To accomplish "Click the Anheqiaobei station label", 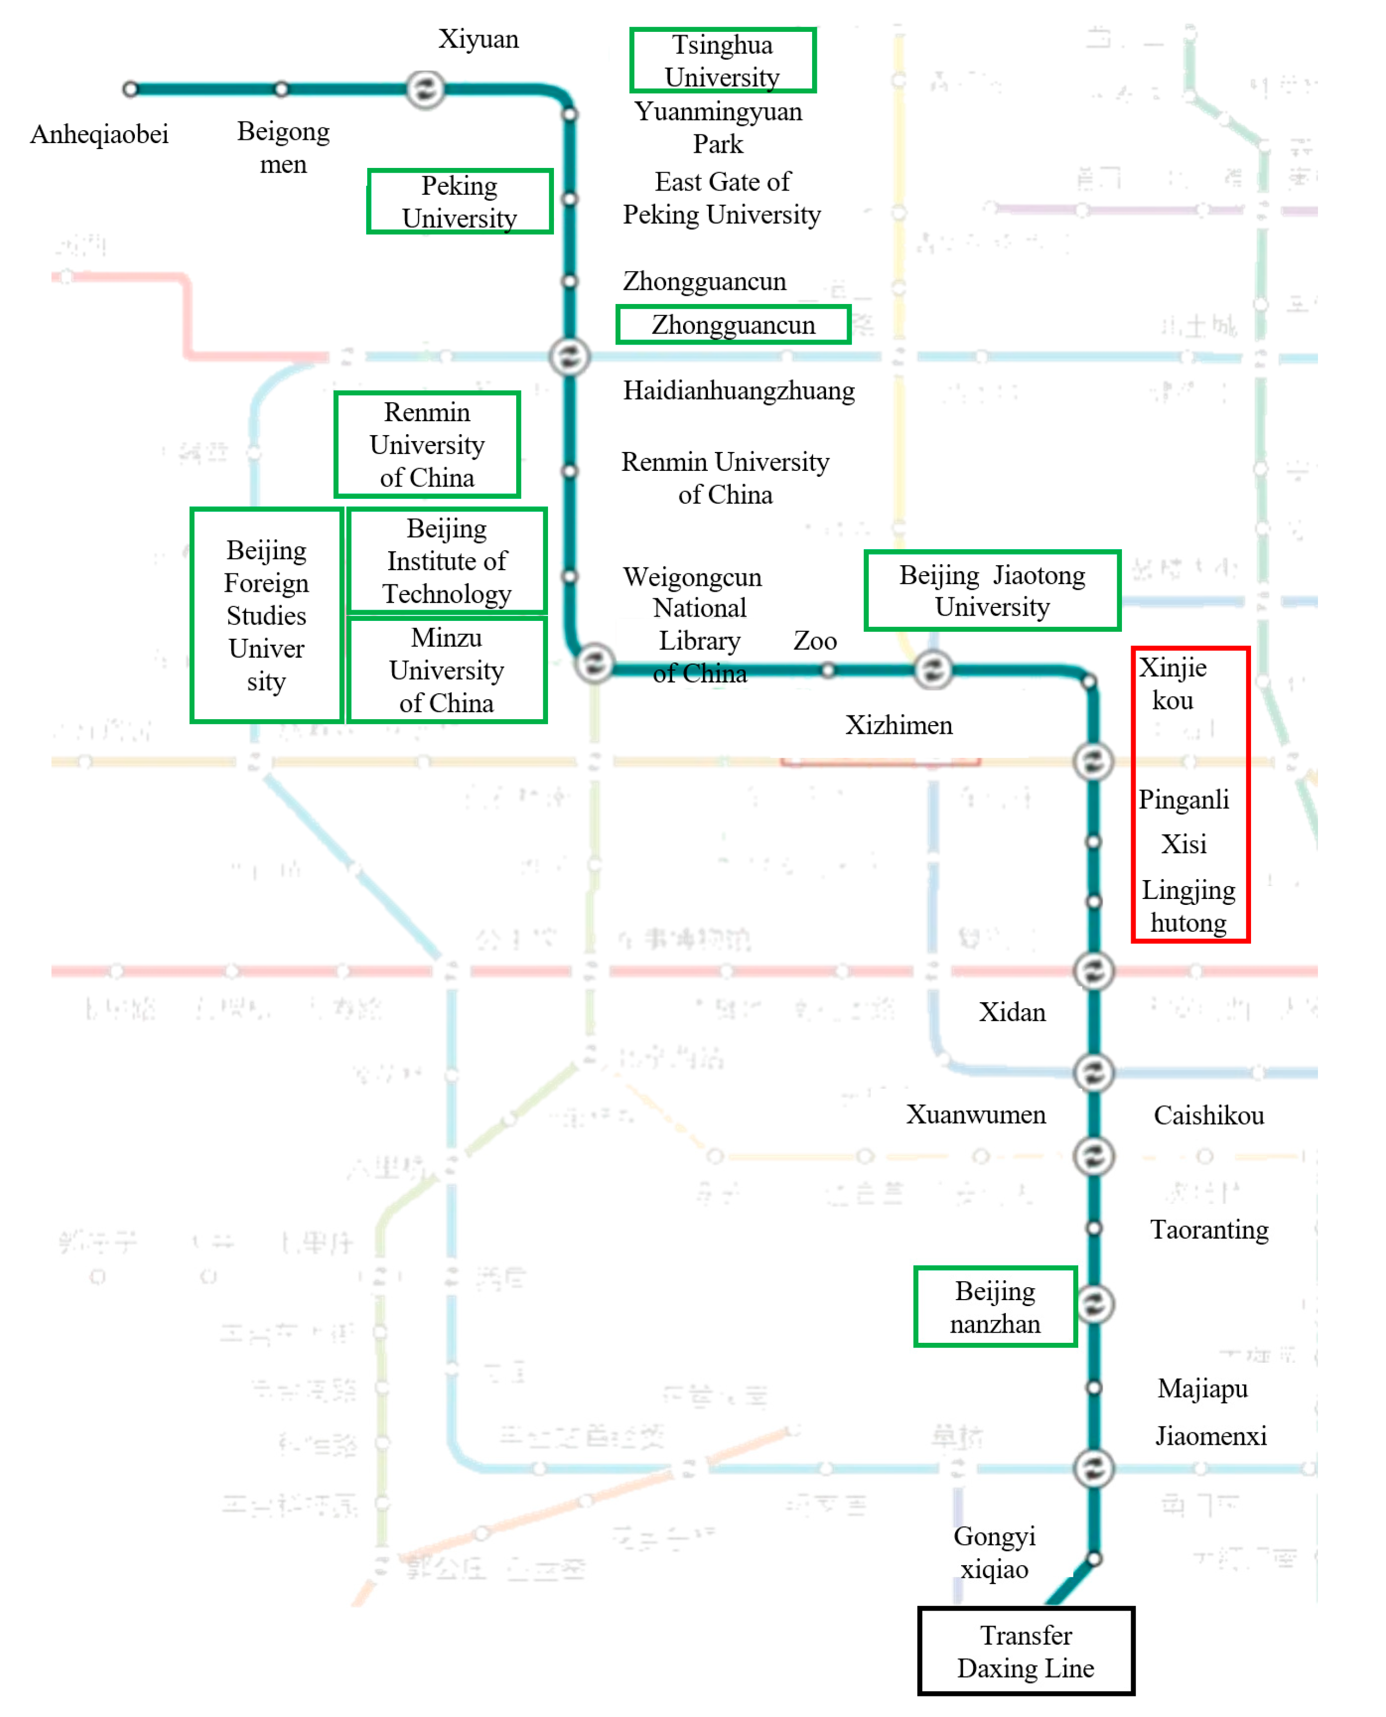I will pyautogui.click(x=99, y=134).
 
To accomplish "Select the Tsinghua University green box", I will pyautogui.click(x=722, y=60).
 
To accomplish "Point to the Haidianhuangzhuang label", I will pyautogui.click(x=739, y=390).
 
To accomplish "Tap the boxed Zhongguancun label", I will pyautogui.click(x=733, y=325).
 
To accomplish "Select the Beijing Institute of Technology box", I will pyautogui.click(x=447, y=560).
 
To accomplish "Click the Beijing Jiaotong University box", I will pyautogui.click(x=992, y=591).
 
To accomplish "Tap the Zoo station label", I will pyautogui.click(x=814, y=640).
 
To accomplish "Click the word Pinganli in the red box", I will pyautogui.click(x=1183, y=799).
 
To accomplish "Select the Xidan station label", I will pyautogui.click(x=1011, y=1012).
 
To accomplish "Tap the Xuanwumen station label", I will pyautogui.click(x=976, y=1114).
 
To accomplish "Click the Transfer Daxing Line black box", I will pyautogui.click(x=1025, y=1651).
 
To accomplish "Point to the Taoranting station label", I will pyautogui.click(x=1209, y=1229).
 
